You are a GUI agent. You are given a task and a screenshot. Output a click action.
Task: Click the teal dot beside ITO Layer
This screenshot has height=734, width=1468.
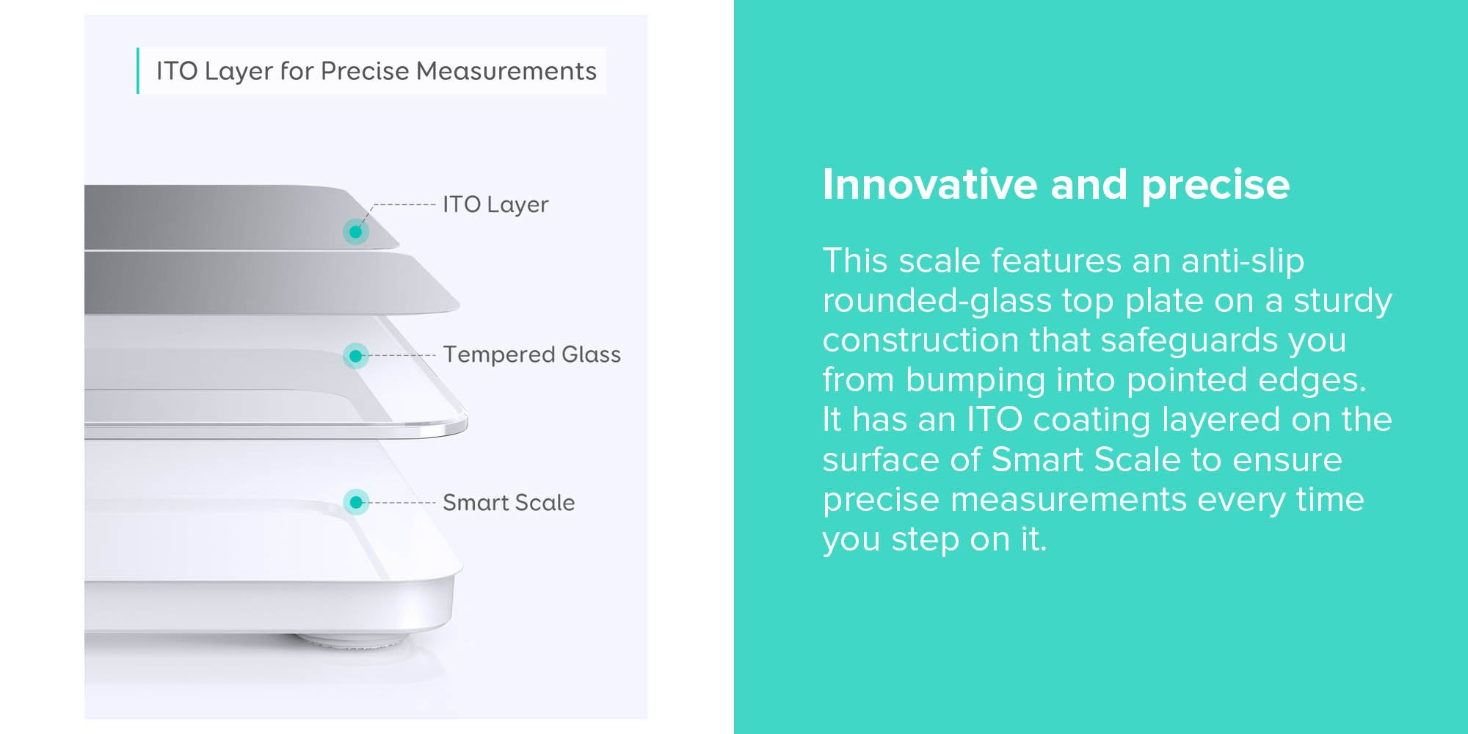click(x=356, y=232)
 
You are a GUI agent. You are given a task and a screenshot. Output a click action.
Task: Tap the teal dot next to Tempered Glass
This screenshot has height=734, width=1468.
click(x=356, y=356)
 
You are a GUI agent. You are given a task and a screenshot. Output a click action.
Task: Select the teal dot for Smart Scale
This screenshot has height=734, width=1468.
click(x=356, y=502)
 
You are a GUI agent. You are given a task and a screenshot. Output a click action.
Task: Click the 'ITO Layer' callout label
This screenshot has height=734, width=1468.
click(x=495, y=205)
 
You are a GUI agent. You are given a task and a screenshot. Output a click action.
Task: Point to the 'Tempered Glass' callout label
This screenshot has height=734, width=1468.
click(x=531, y=355)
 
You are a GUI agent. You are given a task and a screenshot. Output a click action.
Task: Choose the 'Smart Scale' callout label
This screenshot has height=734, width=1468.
click(x=509, y=502)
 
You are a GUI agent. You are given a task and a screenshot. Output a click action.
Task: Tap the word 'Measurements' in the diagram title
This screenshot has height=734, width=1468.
click(x=506, y=70)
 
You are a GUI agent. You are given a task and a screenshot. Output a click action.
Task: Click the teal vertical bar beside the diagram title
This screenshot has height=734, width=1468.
click(x=137, y=70)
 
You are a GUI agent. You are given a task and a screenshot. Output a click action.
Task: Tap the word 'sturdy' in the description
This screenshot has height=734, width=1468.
click(x=1342, y=301)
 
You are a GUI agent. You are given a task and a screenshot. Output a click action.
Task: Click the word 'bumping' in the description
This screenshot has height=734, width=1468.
click(x=974, y=380)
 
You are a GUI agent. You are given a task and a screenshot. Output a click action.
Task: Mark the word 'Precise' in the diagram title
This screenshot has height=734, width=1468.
click(x=365, y=70)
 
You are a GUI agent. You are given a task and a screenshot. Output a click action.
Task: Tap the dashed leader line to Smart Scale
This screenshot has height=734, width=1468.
click(x=402, y=503)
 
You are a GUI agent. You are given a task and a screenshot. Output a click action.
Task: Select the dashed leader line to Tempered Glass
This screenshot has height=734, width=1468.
click(x=402, y=355)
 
